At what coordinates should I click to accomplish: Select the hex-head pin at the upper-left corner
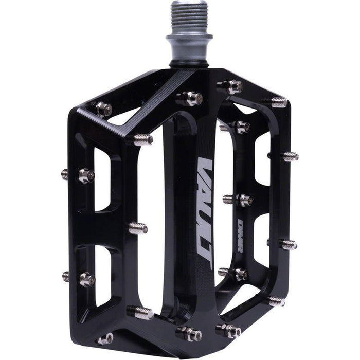pyautogui.click(x=103, y=108)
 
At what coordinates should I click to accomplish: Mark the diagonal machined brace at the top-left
pyautogui.click(x=152, y=105)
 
